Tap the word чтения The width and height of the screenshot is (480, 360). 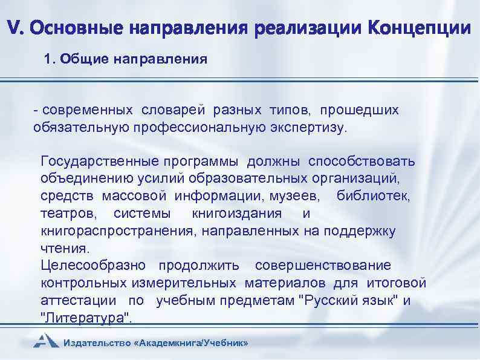coord(64,248)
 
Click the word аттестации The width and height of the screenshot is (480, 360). coord(79,301)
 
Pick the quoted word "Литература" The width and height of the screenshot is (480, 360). coord(86,318)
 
